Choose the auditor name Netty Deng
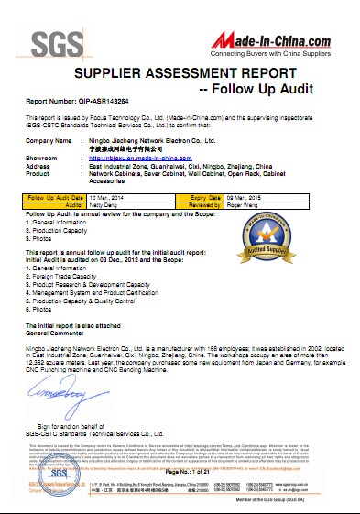(x=106, y=204)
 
